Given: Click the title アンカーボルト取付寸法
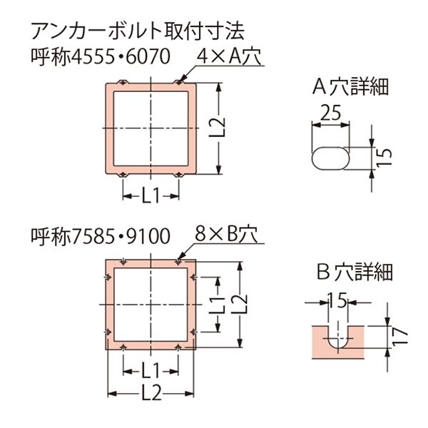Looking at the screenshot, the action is tap(138, 31).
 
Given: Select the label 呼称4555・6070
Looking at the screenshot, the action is tap(101, 57).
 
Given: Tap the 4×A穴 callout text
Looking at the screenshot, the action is tap(229, 56).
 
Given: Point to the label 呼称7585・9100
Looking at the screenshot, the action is tap(101, 236).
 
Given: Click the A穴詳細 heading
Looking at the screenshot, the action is tap(350, 87).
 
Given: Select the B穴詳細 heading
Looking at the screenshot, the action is tap(355, 272).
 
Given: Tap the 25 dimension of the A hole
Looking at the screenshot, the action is tap(330, 113).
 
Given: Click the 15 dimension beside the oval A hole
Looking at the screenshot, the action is tap(384, 157).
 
